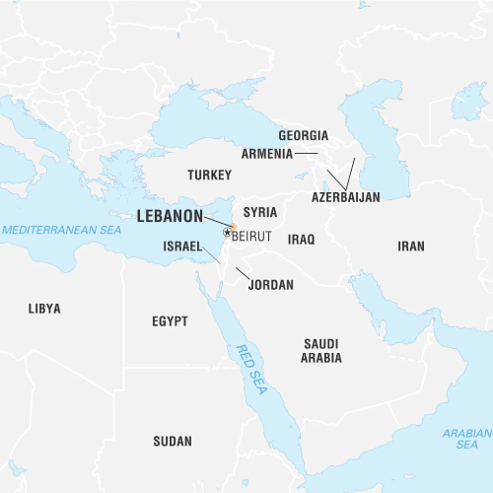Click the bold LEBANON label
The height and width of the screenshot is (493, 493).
(170, 214)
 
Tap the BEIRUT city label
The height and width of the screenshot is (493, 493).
(250, 235)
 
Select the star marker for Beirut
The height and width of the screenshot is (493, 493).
(227, 233)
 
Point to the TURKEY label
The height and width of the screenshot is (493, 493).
(208, 175)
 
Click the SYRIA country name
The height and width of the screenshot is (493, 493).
(260, 212)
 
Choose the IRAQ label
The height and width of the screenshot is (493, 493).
(301, 240)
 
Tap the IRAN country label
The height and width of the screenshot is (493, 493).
(411, 246)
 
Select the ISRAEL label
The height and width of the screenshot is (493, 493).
(182, 246)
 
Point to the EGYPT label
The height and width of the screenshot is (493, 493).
(170, 321)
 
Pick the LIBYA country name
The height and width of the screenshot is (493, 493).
(44, 309)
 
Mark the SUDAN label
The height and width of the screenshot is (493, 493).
(173, 441)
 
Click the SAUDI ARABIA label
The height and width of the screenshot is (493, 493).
(322, 350)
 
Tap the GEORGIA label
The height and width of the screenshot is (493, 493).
(303, 135)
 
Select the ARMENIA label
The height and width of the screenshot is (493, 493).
(267, 154)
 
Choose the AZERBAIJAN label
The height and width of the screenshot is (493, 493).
(345, 197)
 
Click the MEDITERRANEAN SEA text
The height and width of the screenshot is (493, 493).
(60, 230)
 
